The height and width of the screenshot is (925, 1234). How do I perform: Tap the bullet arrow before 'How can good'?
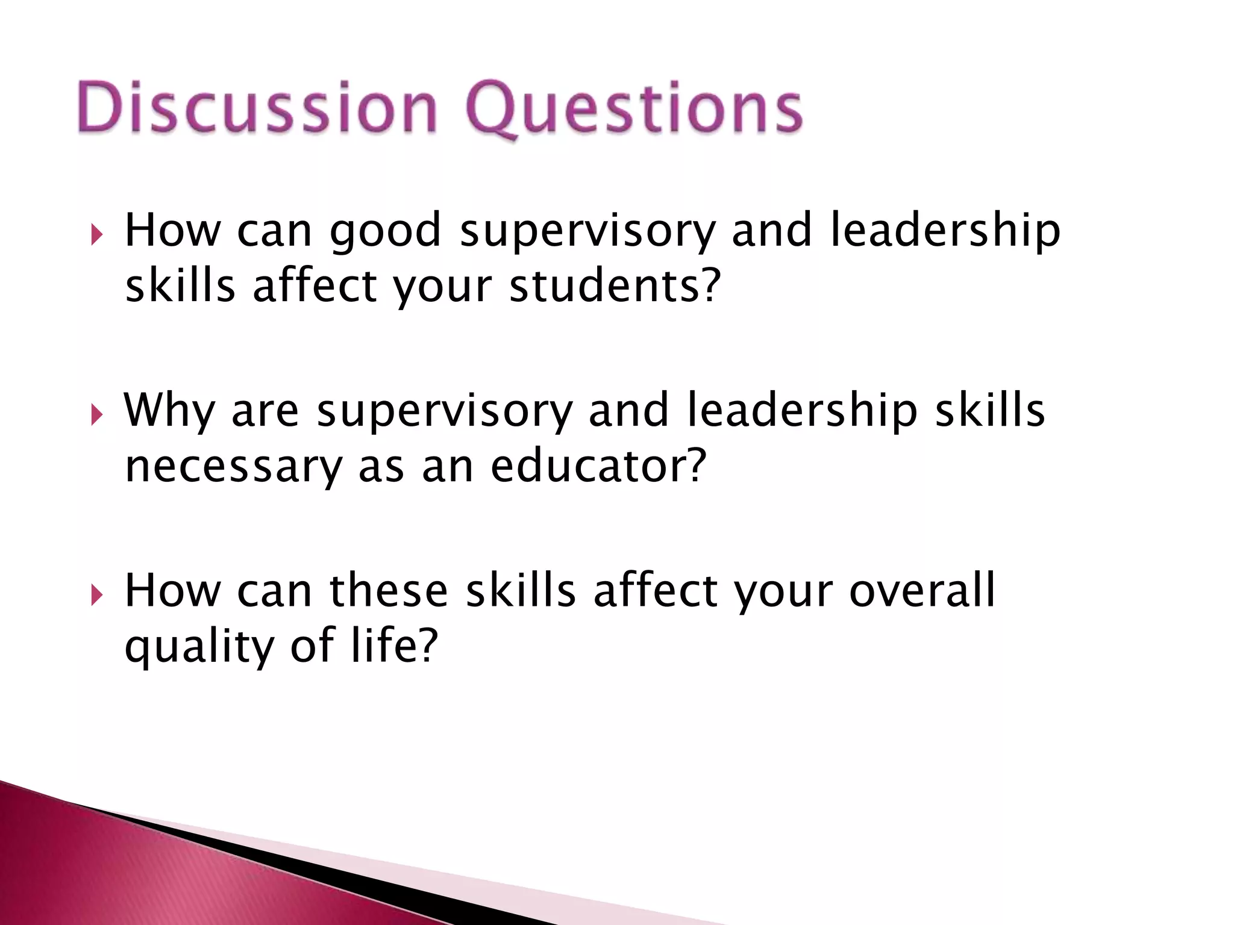pos(96,234)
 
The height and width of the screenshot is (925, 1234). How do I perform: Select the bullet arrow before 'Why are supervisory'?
pos(96,414)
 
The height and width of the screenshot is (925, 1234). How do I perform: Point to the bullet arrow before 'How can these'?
pos(96,595)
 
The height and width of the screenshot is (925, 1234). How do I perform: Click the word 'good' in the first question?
pos(386,232)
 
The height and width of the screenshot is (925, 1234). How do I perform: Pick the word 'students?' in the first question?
pos(615,286)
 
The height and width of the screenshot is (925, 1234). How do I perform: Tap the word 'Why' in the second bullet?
pos(169,411)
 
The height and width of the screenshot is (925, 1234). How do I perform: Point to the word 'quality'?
pos(199,647)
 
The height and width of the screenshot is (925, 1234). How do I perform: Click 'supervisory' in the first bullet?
pos(587,232)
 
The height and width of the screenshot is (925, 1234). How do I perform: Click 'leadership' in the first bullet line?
pos(945,232)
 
